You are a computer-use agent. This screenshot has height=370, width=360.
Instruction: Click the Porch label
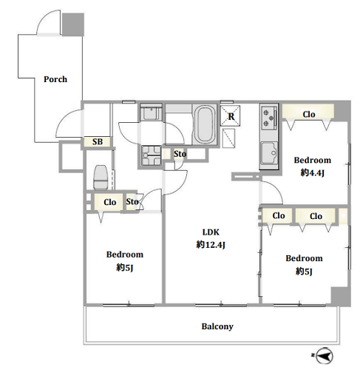[x=55, y=79]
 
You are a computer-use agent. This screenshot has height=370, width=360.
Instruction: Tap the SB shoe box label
[x=98, y=142]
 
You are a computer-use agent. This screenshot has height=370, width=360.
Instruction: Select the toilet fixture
[x=101, y=178]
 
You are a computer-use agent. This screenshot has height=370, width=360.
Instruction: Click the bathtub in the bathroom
[x=204, y=125]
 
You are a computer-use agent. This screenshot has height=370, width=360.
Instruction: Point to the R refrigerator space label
[x=231, y=116]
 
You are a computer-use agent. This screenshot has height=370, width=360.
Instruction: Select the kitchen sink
[x=269, y=153]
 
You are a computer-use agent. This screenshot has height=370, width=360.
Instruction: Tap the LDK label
[x=211, y=232]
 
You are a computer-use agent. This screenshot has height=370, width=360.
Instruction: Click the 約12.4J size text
[x=211, y=245]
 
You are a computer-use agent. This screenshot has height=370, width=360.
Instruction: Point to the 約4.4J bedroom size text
[x=312, y=173]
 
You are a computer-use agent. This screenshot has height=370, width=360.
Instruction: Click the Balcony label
[x=217, y=326]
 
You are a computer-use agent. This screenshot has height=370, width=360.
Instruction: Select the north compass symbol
[x=324, y=355]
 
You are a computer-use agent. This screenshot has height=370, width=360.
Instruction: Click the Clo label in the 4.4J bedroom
[x=309, y=115]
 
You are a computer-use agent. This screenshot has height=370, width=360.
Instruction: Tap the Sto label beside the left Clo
[x=132, y=202]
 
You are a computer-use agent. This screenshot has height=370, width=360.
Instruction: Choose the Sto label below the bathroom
[x=180, y=154]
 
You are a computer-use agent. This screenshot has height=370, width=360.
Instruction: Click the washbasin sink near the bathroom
[x=151, y=112]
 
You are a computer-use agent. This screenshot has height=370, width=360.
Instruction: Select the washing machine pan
[x=152, y=155]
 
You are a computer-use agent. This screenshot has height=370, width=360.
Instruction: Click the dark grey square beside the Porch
[x=72, y=24]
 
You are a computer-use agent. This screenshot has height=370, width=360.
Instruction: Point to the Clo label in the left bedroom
[x=109, y=202]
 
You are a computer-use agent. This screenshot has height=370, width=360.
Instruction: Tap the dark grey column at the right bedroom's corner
[x=341, y=297]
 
